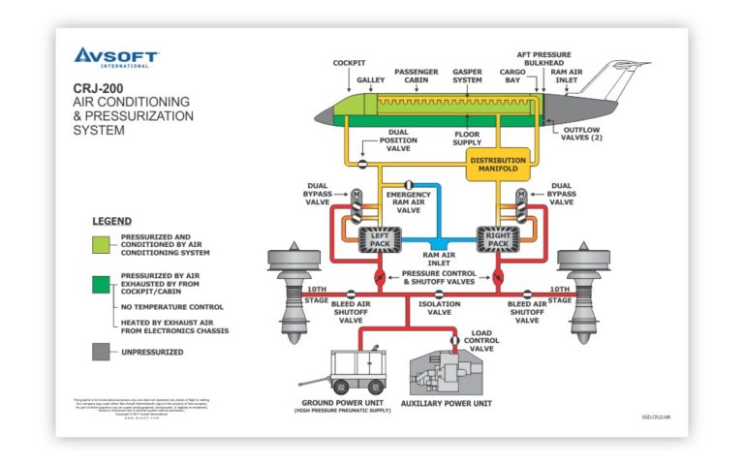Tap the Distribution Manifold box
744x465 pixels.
[x=498, y=166]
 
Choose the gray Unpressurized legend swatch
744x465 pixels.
[x=101, y=352]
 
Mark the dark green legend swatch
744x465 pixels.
[x=101, y=282]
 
